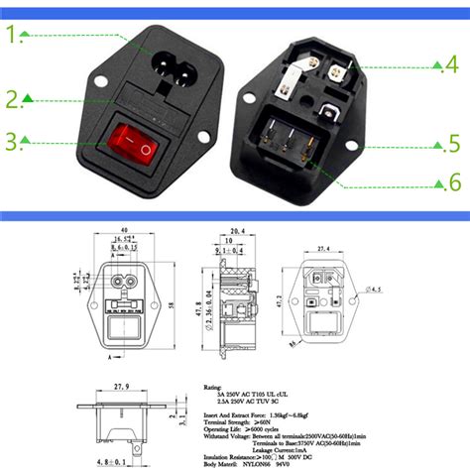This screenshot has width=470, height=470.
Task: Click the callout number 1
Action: pos(15,37)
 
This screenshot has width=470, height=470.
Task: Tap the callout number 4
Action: pos(450,65)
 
